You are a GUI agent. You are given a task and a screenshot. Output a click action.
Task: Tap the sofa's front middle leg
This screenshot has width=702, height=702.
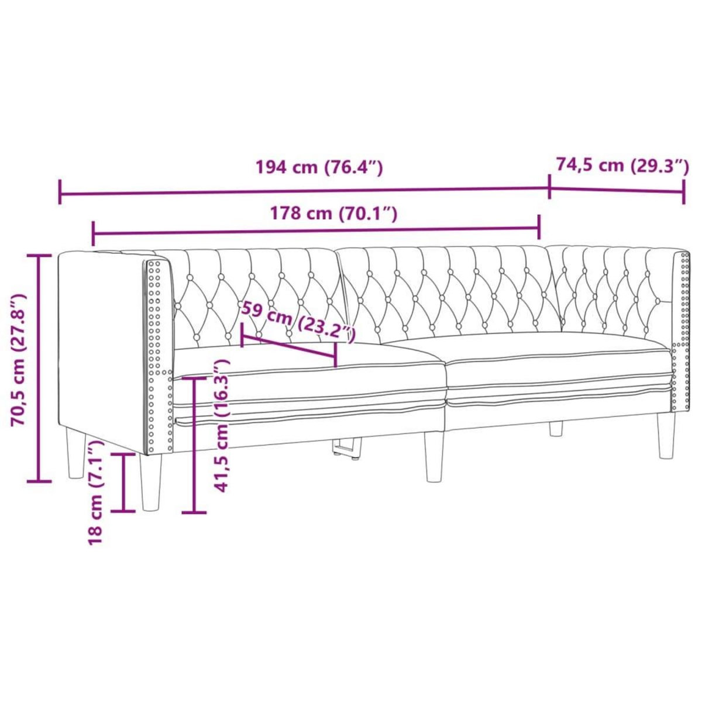pyautogui.click(x=433, y=457)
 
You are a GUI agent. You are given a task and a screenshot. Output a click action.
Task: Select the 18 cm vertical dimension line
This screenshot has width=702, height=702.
pyautogui.click(x=123, y=482)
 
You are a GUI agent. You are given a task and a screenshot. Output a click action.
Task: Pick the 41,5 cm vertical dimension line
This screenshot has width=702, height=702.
pyautogui.click(x=194, y=445)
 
